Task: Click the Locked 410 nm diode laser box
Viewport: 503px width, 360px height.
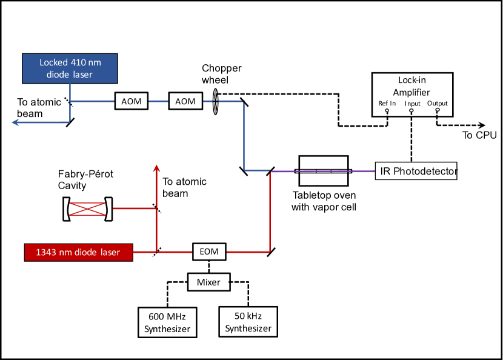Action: [x=70, y=68]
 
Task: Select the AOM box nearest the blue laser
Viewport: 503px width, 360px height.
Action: [x=132, y=101]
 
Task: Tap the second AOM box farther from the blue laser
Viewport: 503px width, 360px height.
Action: [x=185, y=101]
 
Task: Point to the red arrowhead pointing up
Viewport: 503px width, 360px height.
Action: [x=157, y=168]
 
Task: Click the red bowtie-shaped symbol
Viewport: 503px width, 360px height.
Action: [x=87, y=208]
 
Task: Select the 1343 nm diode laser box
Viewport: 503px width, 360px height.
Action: [x=78, y=252]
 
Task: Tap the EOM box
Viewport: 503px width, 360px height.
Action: [x=209, y=252]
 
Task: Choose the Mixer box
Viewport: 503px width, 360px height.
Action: [x=208, y=282]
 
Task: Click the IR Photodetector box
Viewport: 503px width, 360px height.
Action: [x=416, y=172]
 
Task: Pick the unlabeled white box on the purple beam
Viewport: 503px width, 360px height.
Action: [x=324, y=171]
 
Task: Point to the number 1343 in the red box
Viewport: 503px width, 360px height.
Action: [x=46, y=252]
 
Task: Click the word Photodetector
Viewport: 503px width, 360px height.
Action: [x=424, y=172]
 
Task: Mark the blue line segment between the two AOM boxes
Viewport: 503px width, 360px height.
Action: [x=158, y=101]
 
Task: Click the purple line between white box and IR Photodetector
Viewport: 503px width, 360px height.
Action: [x=361, y=172]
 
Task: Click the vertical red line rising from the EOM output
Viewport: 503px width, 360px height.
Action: [x=270, y=212]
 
